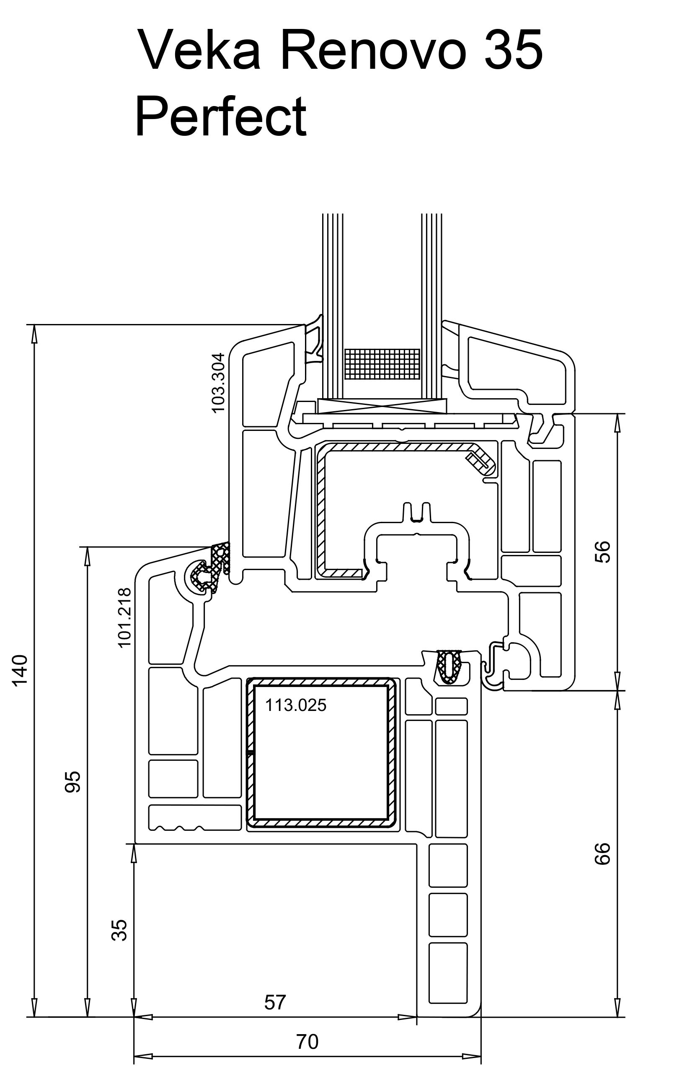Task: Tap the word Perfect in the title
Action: coord(220,116)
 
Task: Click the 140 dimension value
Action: coord(21,670)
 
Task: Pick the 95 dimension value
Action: coord(72,781)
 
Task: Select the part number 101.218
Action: coord(125,617)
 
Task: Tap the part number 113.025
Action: coord(296,705)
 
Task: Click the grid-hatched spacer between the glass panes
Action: coord(382,364)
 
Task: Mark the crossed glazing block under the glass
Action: coord(382,405)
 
